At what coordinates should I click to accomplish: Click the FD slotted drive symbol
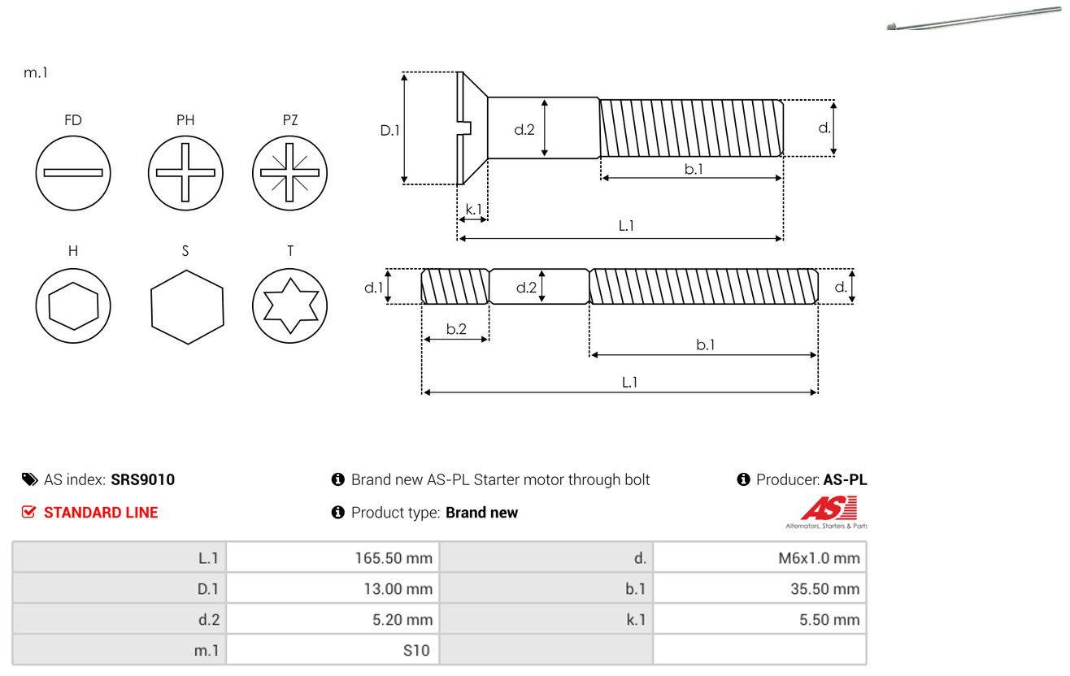tap(73, 172)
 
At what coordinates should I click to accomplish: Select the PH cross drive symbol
tap(185, 172)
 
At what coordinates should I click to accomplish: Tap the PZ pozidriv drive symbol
tap(290, 172)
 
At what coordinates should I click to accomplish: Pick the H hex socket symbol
tap(73, 305)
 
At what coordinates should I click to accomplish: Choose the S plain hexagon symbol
tap(186, 305)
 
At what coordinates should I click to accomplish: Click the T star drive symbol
tap(290, 305)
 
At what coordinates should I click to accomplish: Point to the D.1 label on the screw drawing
tap(390, 129)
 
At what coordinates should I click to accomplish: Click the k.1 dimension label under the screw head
tap(472, 209)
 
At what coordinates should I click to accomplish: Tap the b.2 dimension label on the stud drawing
tap(456, 329)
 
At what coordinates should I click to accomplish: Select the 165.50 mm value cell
tap(333, 558)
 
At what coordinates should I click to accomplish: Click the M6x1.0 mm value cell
tap(759, 558)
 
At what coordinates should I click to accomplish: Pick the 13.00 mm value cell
tap(333, 589)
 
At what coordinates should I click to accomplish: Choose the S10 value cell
tap(333, 650)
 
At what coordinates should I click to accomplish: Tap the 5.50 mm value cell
tap(759, 620)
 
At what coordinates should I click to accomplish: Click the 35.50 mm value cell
tap(759, 589)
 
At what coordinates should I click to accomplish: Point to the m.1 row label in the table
tap(120, 650)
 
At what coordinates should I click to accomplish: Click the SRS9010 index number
tap(142, 479)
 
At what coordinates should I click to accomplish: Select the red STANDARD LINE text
tap(100, 513)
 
